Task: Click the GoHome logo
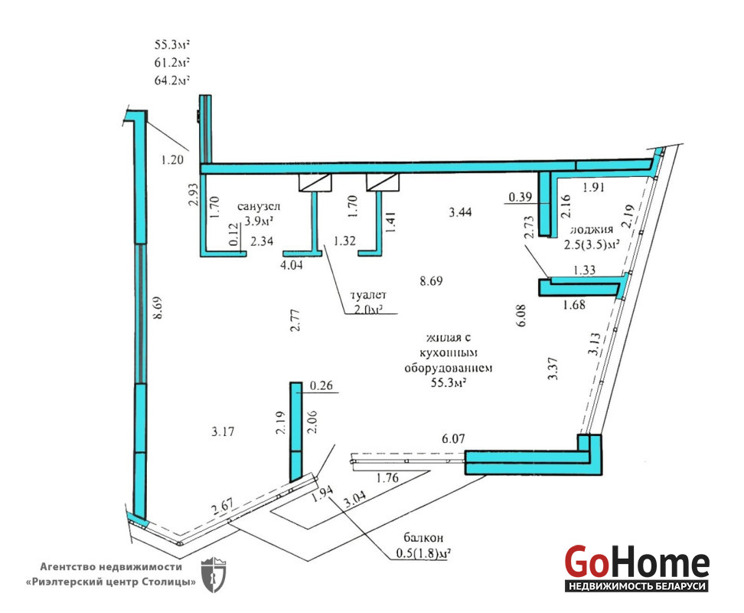tap(637, 569)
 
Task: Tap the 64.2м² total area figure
tap(171, 80)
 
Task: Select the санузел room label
tap(259, 207)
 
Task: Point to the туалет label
tap(368, 295)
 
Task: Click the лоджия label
tap(592, 229)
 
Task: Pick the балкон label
tap(423, 537)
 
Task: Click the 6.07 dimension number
tap(453, 439)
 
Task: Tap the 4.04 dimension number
tap(292, 265)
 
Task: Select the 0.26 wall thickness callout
tap(321, 385)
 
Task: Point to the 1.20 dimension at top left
tap(171, 159)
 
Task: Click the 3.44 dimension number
tap(460, 211)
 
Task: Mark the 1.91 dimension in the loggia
tap(593, 188)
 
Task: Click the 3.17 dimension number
tap(223, 431)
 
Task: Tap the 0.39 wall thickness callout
tap(520, 196)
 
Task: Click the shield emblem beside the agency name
tap(214, 575)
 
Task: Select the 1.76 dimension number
tap(387, 477)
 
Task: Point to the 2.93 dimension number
tap(193, 195)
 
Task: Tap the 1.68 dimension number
tap(574, 304)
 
